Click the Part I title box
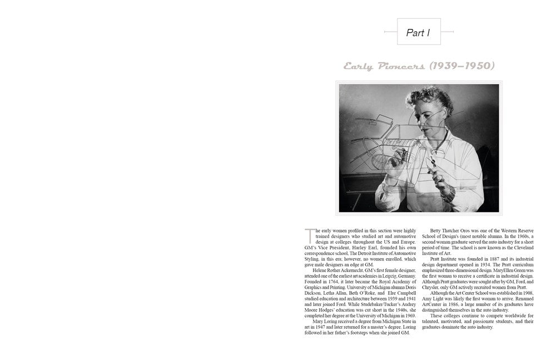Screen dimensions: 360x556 [419, 32]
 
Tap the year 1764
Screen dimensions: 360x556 [336, 280]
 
